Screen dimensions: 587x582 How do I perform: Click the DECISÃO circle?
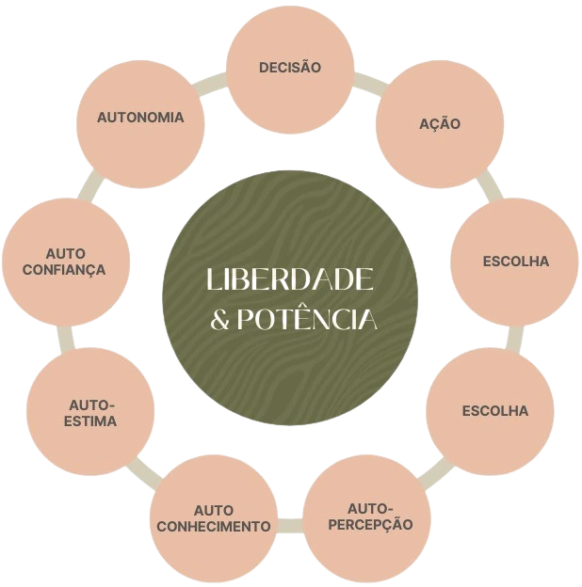[x=290, y=69]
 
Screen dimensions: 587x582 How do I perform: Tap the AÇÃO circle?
[x=439, y=123]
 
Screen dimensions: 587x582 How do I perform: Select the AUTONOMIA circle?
[x=140, y=119]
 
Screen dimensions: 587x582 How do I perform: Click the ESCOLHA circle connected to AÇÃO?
[x=514, y=261]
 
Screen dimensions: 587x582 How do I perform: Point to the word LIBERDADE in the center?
[x=290, y=279]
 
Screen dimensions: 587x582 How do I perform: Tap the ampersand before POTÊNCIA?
[x=219, y=321]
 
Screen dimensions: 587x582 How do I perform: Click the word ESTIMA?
[x=91, y=421]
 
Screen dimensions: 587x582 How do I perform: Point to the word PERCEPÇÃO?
[x=370, y=524]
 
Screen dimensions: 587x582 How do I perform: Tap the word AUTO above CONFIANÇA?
[x=65, y=254]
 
